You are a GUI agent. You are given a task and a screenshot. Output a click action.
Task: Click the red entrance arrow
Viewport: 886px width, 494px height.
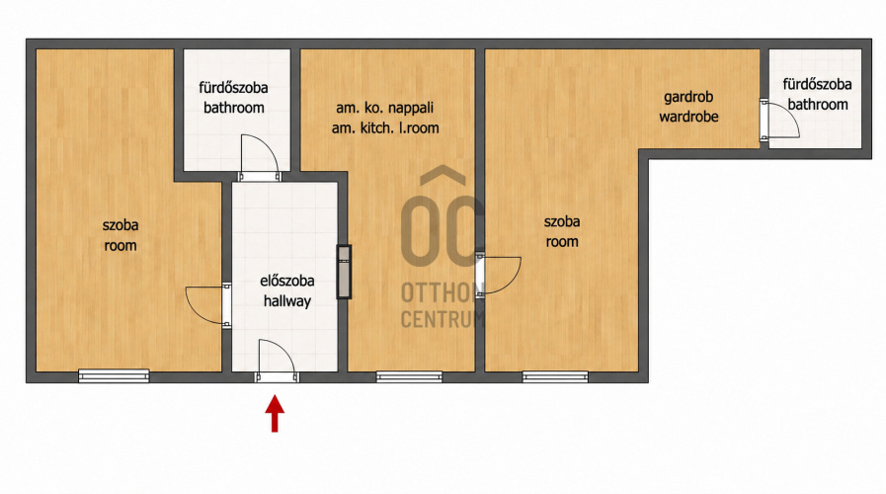(x=275, y=414)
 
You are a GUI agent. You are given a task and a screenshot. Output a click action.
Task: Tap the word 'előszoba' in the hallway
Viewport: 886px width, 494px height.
(x=287, y=281)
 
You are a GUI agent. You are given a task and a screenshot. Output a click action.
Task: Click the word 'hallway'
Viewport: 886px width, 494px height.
(x=287, y=301)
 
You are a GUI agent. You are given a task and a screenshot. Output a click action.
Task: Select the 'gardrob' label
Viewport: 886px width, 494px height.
(x=688, y=97)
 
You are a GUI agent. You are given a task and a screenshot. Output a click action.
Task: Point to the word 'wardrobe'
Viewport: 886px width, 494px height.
(x=688, y=117)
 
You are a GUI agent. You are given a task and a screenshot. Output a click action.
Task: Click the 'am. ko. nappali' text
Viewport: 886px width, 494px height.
(x=385, y=108)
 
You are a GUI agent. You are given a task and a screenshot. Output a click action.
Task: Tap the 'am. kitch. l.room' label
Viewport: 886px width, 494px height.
(x=385, y=128)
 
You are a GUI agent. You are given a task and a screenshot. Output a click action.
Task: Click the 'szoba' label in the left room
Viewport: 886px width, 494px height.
(x=121, y=225)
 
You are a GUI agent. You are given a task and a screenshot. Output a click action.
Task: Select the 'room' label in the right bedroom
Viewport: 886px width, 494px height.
(x=562, y=242)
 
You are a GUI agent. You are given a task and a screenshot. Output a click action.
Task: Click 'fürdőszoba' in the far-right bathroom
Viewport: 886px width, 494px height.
(x=817, y=85)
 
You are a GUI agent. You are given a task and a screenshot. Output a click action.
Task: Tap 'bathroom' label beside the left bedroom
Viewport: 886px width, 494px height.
(x=234, y=108)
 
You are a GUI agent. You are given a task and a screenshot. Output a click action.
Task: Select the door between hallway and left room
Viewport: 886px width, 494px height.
(x=208, y=305)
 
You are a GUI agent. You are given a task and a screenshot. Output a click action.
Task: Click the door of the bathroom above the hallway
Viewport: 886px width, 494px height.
(x=260, y=158)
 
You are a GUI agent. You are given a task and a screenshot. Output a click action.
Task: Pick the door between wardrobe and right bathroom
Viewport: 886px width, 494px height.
(x=779, y=119)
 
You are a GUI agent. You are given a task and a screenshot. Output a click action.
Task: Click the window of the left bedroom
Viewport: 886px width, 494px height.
(x=114, y=375)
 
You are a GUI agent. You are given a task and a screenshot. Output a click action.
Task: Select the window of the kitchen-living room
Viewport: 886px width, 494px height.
(x=409, y=376)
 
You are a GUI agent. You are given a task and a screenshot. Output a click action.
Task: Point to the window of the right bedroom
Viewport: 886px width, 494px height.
(x=555, y=376)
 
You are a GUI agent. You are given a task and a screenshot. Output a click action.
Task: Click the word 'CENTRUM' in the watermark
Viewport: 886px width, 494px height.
(x=443, y=319)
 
